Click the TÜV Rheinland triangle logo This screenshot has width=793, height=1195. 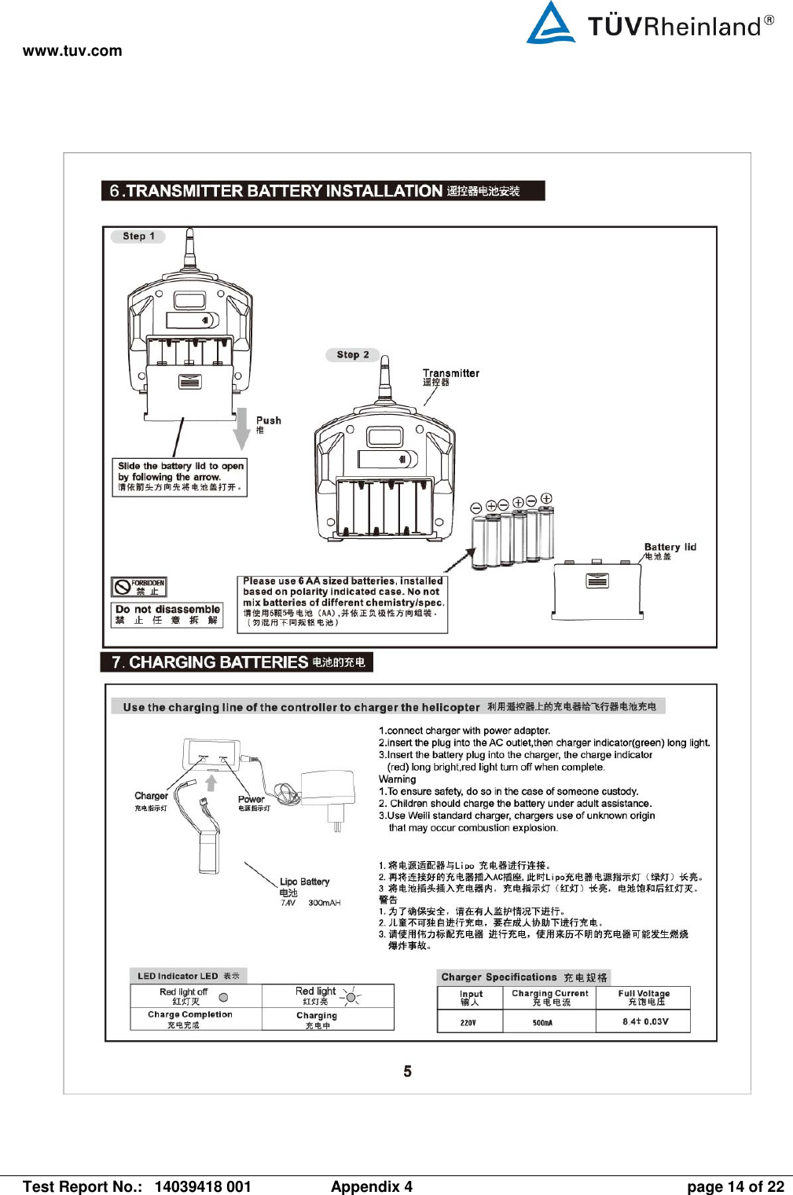[550, 24]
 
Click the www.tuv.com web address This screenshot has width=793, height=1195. [72, 51]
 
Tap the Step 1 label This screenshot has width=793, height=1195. [138, 236]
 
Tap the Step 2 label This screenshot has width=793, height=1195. [352, 355]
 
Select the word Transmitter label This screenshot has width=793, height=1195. [450, 373]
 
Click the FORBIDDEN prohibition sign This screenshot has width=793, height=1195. [139, 587]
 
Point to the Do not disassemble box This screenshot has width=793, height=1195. [167, 614]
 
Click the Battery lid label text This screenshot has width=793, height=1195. [670, 548]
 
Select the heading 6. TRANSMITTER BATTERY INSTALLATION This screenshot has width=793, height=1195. [322, 191]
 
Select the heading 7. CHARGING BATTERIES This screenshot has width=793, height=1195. [237, 662]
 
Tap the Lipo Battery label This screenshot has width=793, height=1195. [305, 882]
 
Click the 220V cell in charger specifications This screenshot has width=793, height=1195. [468, 1022]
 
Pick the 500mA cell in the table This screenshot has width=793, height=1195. [542, 1022]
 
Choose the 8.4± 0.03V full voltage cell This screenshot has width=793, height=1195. [644, 1021]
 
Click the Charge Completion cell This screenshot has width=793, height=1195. [189, 1019]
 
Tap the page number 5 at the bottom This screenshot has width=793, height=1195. [407, 1072]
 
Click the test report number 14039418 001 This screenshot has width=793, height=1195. [203, 1186]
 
